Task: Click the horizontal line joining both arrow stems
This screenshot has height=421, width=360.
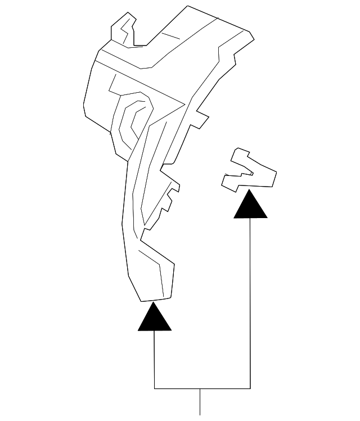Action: (x=202, y=388)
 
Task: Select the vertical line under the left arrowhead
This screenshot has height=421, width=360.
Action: (x=155, y=360)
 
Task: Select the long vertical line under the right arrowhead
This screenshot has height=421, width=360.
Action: (x=250, y=304)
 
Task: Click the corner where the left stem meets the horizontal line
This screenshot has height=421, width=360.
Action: (x=155, y=388)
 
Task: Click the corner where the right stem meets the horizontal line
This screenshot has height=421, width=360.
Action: (x=250, y=388)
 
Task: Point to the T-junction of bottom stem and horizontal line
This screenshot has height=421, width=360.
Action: (x=200, y=388)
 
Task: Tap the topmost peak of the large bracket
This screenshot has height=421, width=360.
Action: (x=188, y=6)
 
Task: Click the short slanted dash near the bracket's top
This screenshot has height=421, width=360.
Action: (x=169, y=34)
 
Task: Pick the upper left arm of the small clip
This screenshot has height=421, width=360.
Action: (x=242, y=157)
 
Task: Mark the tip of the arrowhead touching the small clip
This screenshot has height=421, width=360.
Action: (x=250, y=191)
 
